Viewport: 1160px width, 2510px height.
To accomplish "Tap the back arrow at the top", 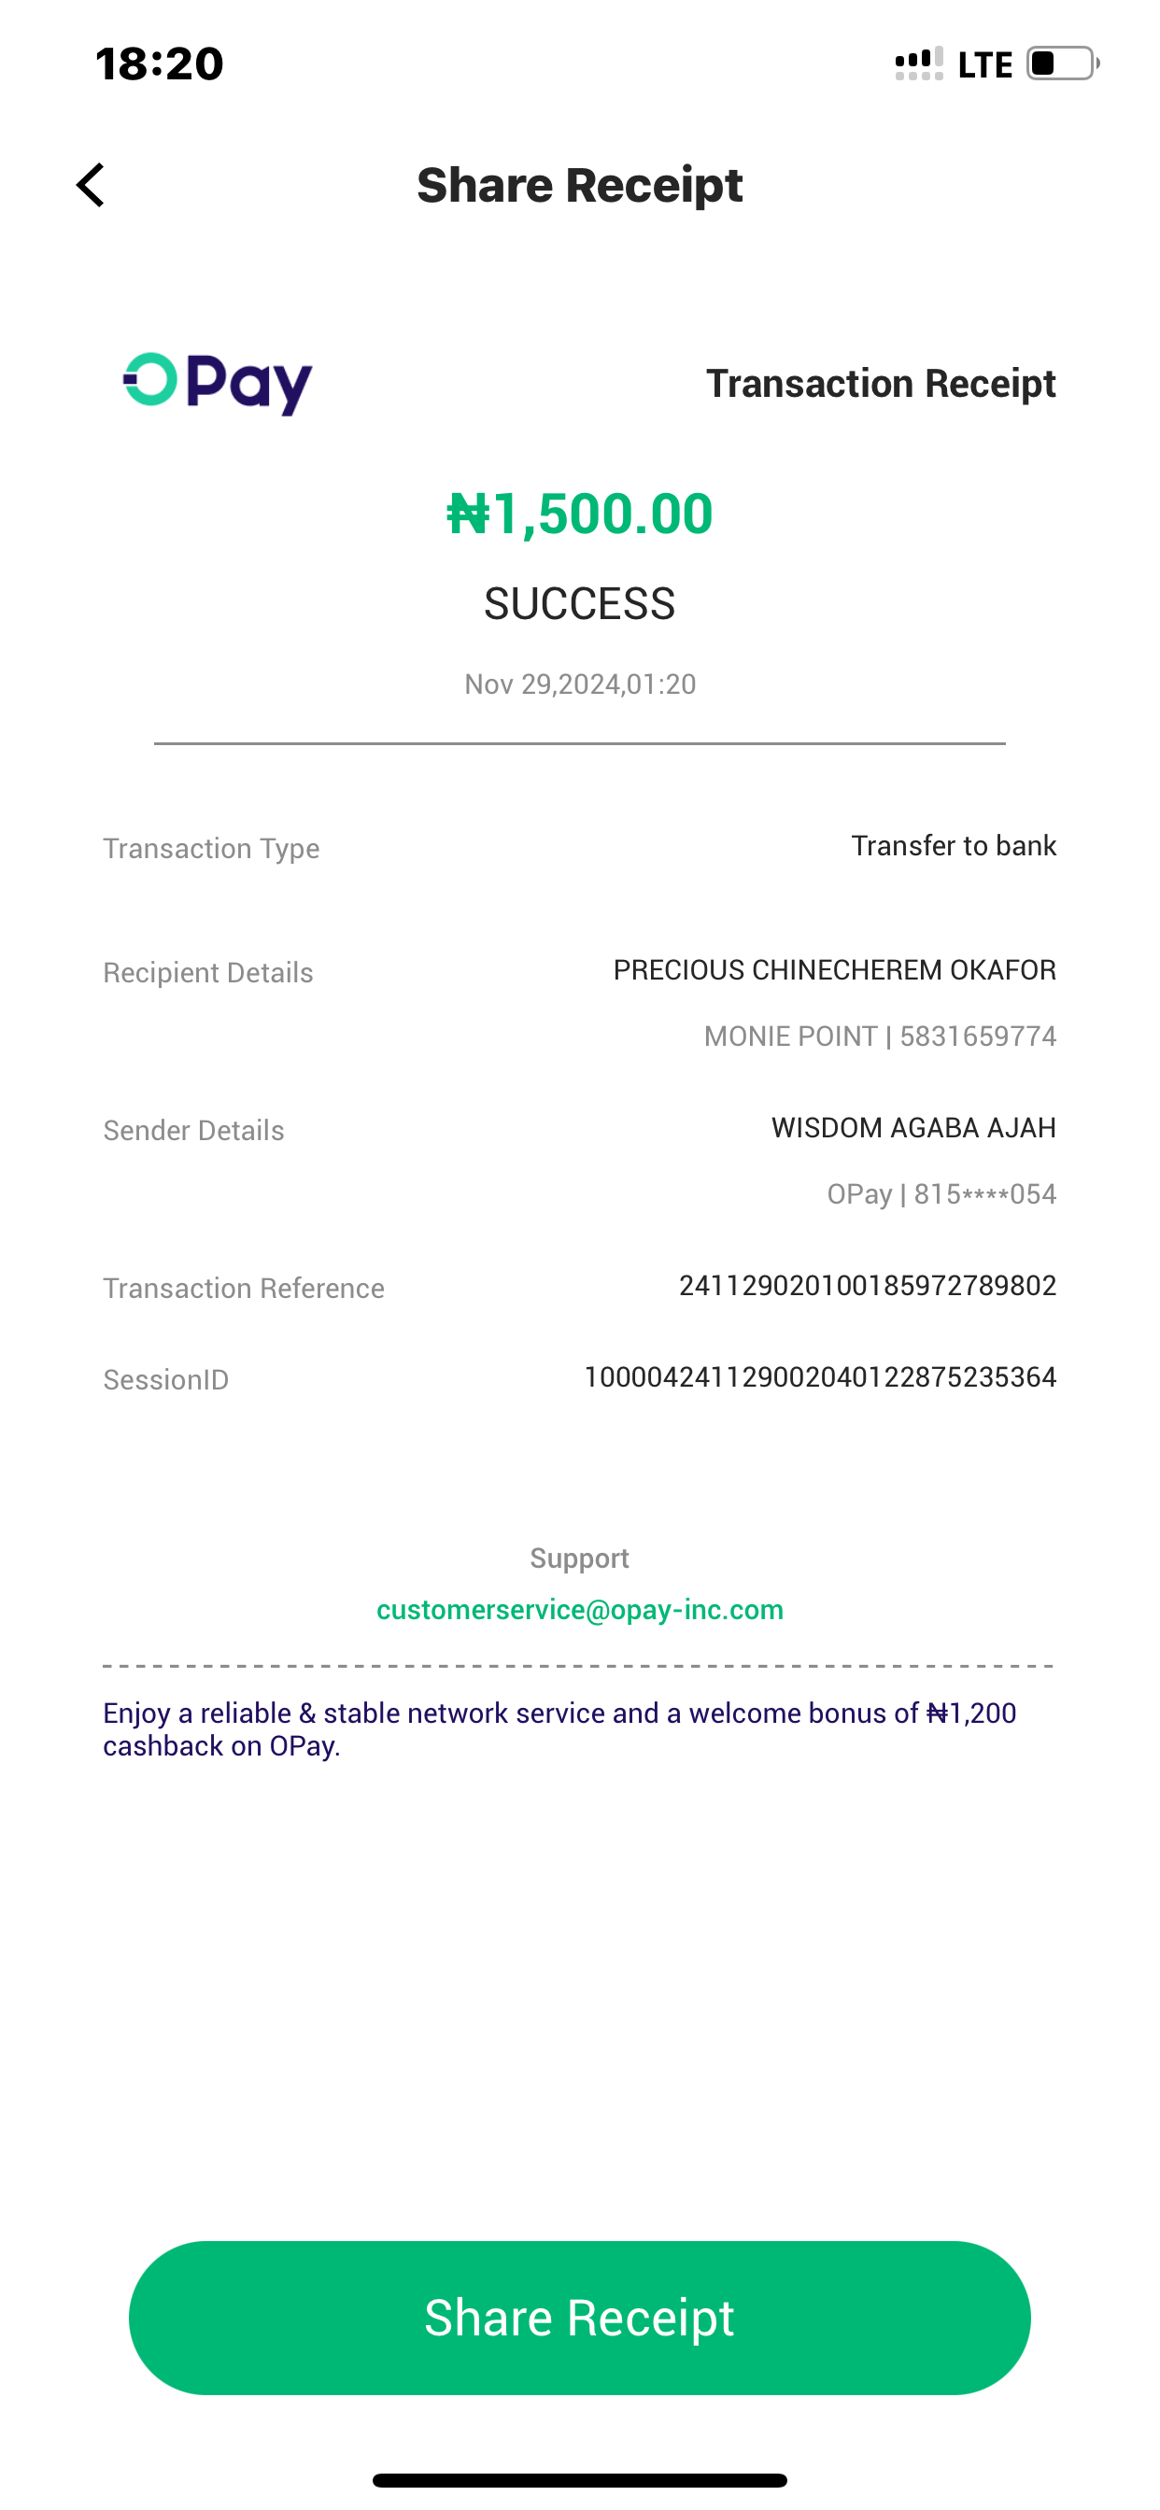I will coord(91,185).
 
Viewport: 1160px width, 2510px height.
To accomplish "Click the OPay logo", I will coord(218,383).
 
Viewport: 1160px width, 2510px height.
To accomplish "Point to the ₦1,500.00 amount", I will coord(580,514).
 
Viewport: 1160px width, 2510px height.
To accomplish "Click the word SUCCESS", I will coord(580,604).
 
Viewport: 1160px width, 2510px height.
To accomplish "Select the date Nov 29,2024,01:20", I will coord(580,684).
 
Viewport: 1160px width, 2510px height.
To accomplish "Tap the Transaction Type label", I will coord(211,849).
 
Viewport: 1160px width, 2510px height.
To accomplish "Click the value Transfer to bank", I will coord(954,846).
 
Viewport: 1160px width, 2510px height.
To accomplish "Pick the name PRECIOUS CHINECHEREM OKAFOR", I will coord(834,970).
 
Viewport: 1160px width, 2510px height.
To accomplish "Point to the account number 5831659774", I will coord(978,1036).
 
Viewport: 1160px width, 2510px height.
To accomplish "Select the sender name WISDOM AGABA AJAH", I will coord(913,1128).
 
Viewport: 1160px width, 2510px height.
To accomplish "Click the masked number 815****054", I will coord(984,1194).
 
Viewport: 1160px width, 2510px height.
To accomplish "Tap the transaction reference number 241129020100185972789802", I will coord(868,1286).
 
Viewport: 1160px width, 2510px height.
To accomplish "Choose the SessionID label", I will coord(165,1380).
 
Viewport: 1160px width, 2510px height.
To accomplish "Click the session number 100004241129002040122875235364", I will coord(820,1376).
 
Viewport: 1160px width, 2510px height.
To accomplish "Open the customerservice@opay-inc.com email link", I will coord(580,1610).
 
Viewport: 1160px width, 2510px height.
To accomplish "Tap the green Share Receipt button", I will coord(580,2317).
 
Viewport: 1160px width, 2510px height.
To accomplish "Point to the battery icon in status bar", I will coord(1062,64).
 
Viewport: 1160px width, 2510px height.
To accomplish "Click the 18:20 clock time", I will coord(160,64).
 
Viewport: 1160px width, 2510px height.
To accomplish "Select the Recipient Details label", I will coord(208,973).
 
